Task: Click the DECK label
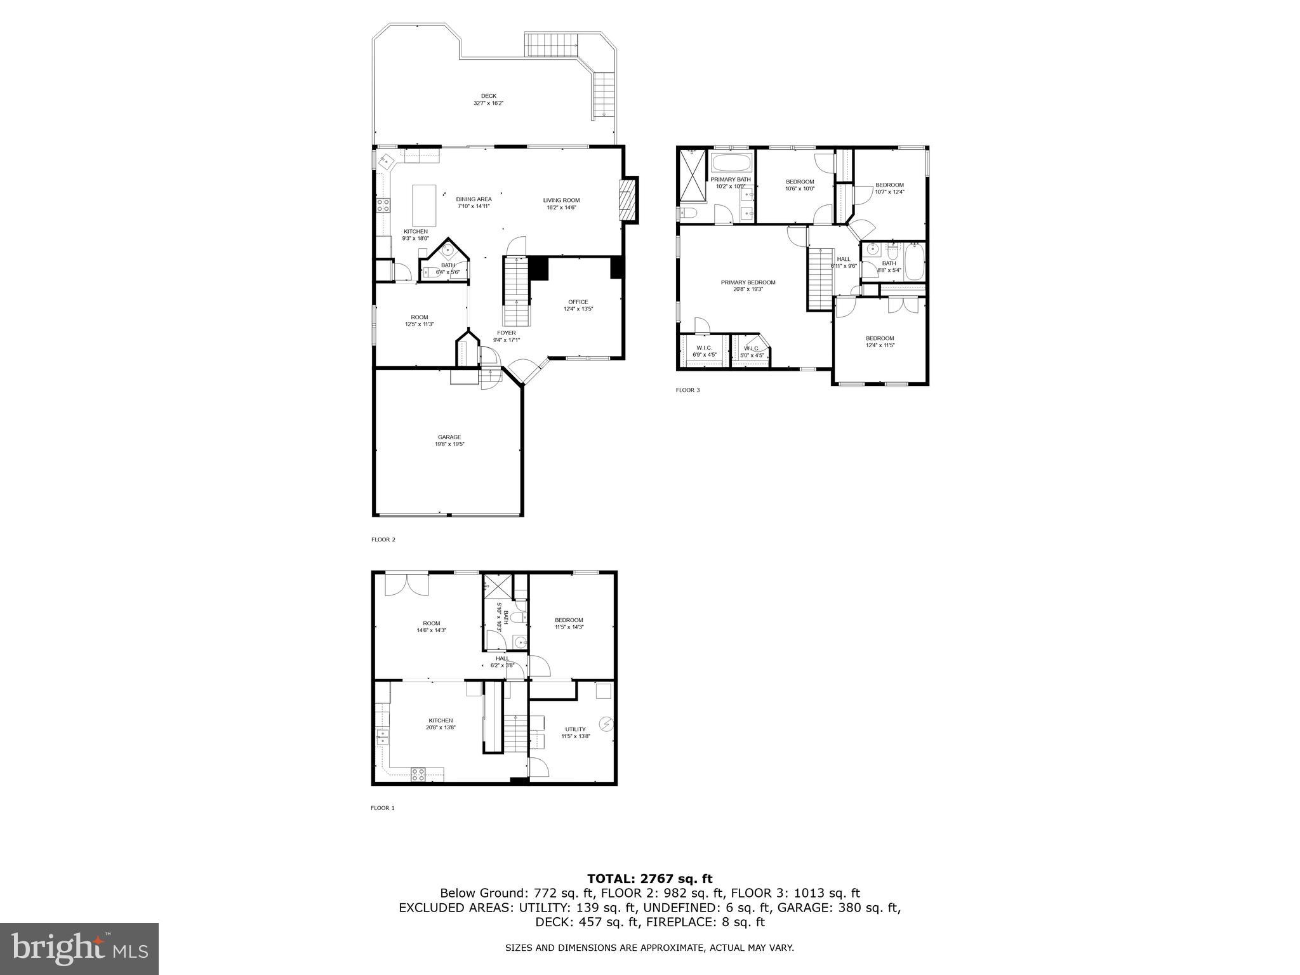pyautogui.click(x=488, y=99)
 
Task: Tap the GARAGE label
pyautogui.click(x=449, y=441)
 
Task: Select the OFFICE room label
pyautogui.click(x=578, y=305)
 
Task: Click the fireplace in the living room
pyautogui.click(x=627, y=200)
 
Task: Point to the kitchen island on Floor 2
pyautogui.click(x=425, y=202)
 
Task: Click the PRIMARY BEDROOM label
pyautogui.click(x=748, y=286)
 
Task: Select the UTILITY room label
pyautogui.click(x=575, y=733)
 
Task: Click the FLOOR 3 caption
pyautogui.click(x=687, y=390)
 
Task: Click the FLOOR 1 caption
pyautogui.click(x=383, y=808)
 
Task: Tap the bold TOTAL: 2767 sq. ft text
pyautogui.click(x=649, y=879)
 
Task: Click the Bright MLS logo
pyautogui.click(x=79, y=949)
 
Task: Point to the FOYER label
pyautogui.click(x=506, y=336)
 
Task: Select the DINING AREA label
pyautogui.click(x=474, y=202)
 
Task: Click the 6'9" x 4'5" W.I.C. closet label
pyautogui.click(x=704, y=351)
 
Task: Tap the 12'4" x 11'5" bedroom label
pyautogui.click(x=880, y=342)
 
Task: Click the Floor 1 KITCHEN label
pyautogui.click(x=441, y=724)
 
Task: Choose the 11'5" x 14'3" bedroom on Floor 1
pyautogui.click(x=569, y=623)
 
